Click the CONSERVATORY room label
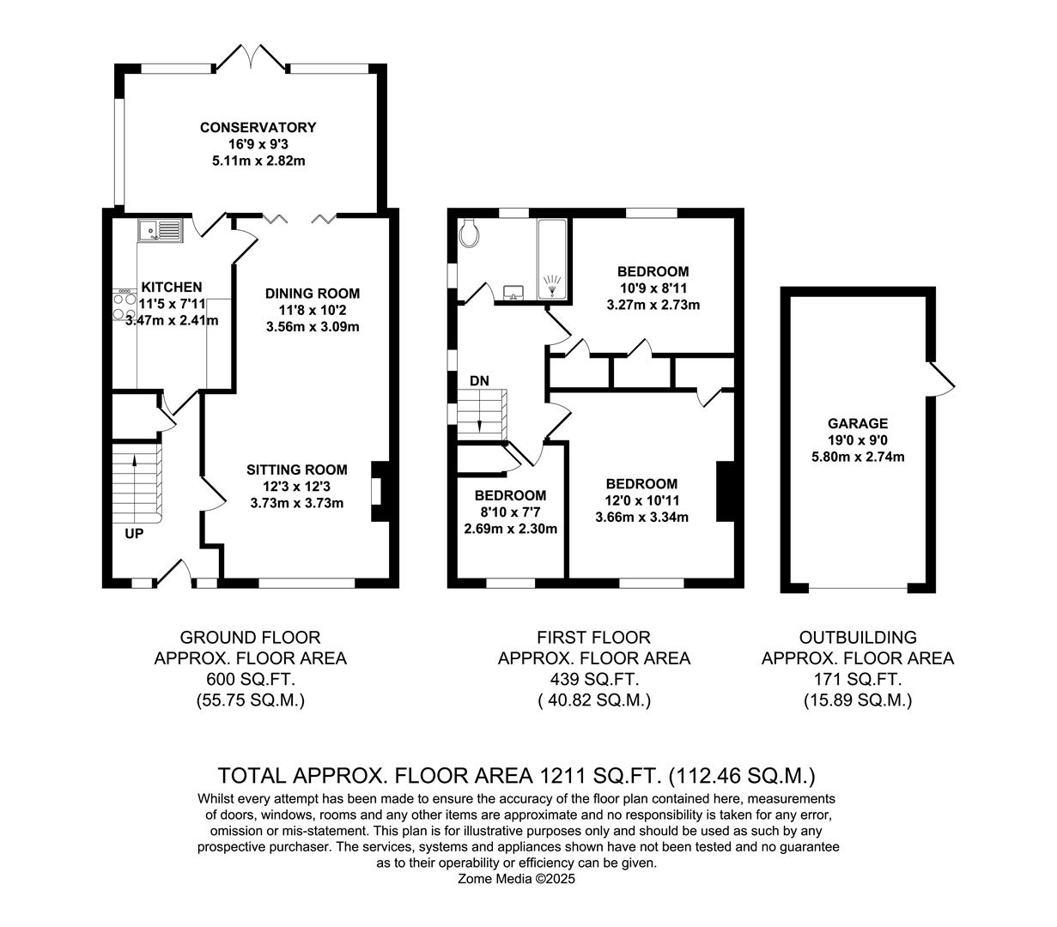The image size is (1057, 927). [x=258, y=127]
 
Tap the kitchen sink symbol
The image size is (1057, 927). [x=161, y=230]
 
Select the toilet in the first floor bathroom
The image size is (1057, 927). [x=469, y=233]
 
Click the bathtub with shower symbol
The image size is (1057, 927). [x=552, y=261]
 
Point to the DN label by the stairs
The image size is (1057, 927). [x=479, y=380]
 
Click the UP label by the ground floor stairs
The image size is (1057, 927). [x=134, y=533]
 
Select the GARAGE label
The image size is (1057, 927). [x=857, y=423]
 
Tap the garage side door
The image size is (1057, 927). [x=940, y=379]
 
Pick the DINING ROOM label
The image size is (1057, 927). [x=312, y=294]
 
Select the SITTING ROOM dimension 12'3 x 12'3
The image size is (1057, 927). [x=296, y=487]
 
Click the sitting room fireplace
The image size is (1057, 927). [x=377, y=492]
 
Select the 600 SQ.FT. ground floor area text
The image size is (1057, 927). [x=250, y=680]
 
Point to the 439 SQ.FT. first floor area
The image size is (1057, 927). [x=593, y=680]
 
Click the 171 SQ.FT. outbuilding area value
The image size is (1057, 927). [x=857, y=680]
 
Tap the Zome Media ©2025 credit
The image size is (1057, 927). [x=517, y=879]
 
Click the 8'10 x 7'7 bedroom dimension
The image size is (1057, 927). [x=510, y=512]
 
